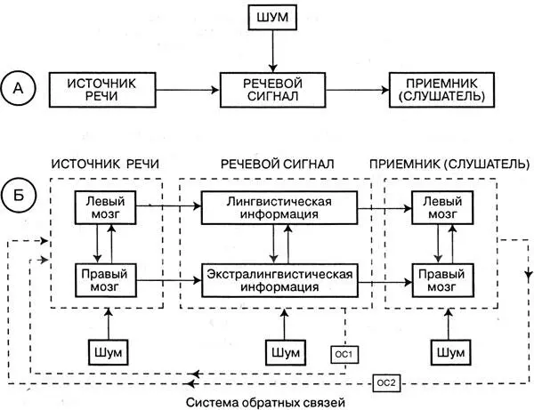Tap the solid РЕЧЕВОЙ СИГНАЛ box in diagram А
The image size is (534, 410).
point(273,89)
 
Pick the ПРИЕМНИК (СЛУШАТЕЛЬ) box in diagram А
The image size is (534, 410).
point(442,89)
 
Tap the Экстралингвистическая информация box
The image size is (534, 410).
point(280,278)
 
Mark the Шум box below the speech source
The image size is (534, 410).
point(106,353)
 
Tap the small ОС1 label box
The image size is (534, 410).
point(344,355)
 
